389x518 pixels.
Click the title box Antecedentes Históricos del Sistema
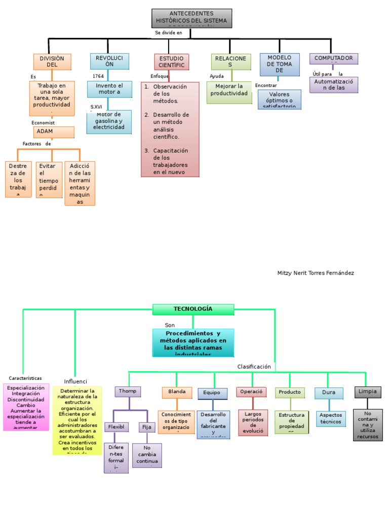pos(191,18)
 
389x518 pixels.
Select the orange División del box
pos(52,62)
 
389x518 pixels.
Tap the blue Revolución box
pos(109,62)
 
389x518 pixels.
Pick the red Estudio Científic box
pos(171,62)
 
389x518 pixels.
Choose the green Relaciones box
pos(230,62)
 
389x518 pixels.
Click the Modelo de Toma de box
pos(279,64)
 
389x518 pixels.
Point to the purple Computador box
pos(333,59)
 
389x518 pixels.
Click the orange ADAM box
pos(54,132)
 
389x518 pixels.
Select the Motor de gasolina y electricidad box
pos(109,121)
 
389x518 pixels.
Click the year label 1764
pos(98,76)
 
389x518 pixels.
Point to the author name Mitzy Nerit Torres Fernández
pos(316,273)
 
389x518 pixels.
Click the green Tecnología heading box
pos(193,309)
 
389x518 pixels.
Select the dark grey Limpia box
pos(367,392)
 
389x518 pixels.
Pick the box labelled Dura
pos(329,393)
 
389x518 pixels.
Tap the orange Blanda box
pos(177,392)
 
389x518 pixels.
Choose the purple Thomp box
pos(128,392)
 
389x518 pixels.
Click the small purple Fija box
pos(147,427)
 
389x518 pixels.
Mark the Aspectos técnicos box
pos(331,418)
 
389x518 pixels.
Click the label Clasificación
pos(254,367)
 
